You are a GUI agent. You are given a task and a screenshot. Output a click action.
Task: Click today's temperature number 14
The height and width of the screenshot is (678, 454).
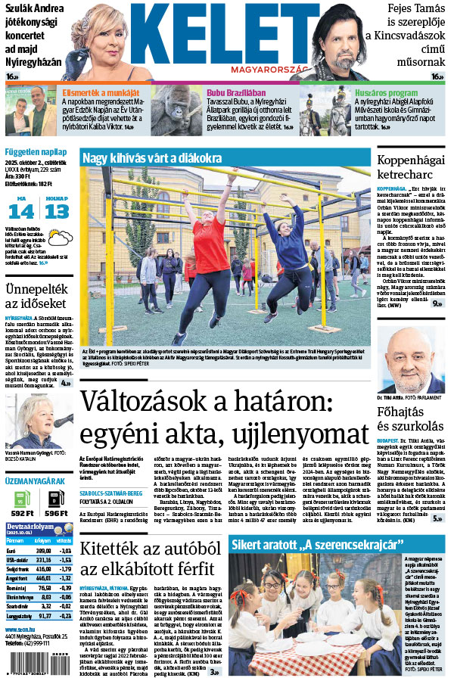[20, 212]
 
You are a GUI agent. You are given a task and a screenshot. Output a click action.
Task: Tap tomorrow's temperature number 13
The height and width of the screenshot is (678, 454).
[56, 212]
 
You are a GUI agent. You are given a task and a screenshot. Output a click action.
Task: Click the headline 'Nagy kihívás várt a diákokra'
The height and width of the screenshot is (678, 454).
[152, 159]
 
